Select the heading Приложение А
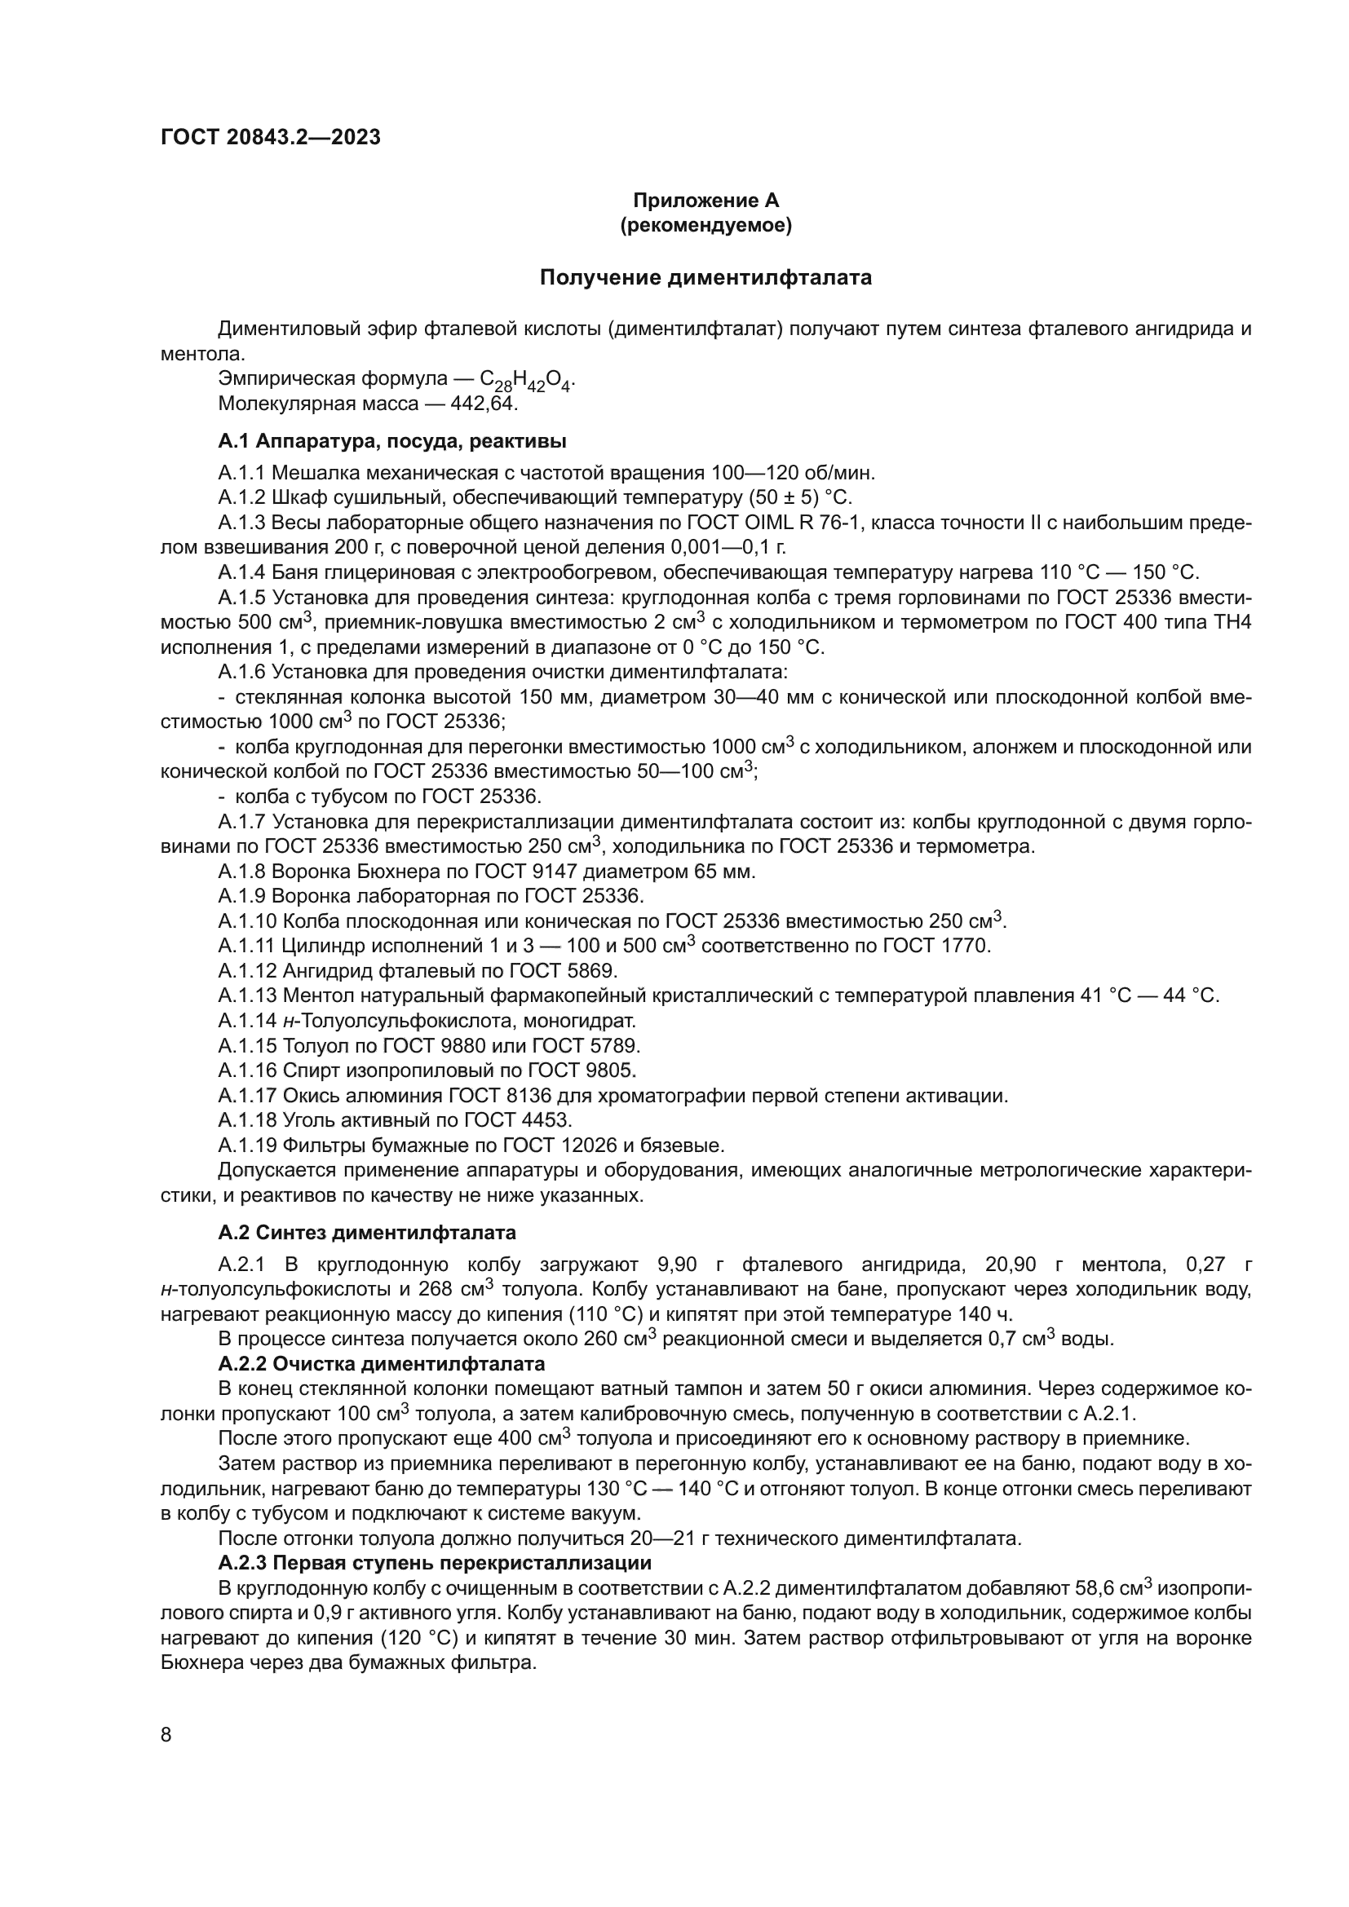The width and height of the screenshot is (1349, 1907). point(705,201)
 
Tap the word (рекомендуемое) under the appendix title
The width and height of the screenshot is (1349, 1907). point(705,226)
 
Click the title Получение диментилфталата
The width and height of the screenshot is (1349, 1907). point(705,277)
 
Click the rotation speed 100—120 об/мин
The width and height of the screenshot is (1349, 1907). point(794,474)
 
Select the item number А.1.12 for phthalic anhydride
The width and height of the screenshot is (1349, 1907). point(248,970)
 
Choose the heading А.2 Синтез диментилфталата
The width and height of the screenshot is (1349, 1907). point(366,1232)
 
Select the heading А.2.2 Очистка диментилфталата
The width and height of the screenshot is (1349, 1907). point(381,1364)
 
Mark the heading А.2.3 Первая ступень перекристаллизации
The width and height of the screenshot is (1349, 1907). point(435,1562)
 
